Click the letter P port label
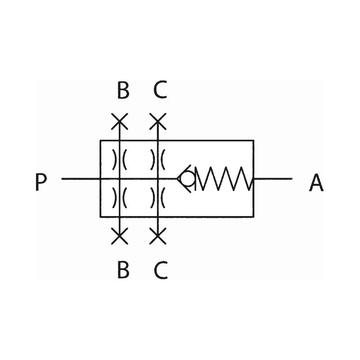tap(41, 182)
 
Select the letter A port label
tap(316, 182)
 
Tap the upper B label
tap(123, 90)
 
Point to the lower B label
tap(123, 270)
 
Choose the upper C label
tap(160, 90)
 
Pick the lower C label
tap(161, 270)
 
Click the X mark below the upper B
tap(119, 121)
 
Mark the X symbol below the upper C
tap(158, 121)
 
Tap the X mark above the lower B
tap(119, 236)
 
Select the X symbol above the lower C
tap(158, 236)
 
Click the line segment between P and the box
tap(81, 179)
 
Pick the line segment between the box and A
tap(273, 178)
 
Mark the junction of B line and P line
tap(119, 179)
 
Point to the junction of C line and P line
tap(158, 179)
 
